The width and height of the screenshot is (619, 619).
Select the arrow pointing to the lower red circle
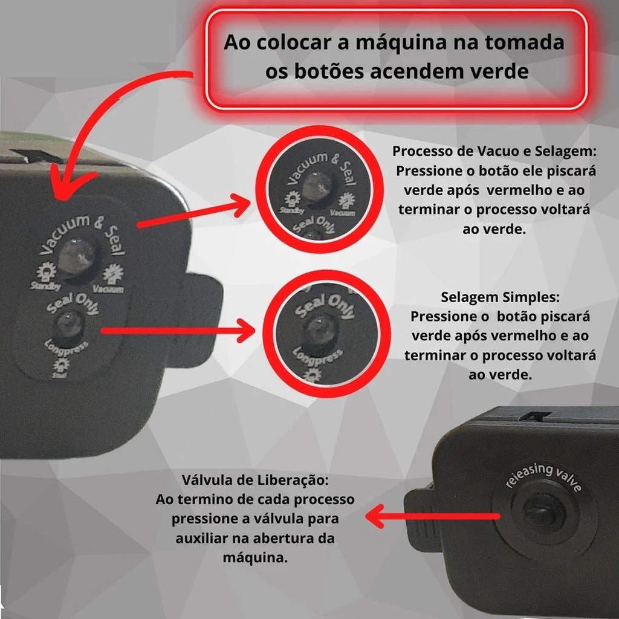pyautogui.click(x=181, y=331)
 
